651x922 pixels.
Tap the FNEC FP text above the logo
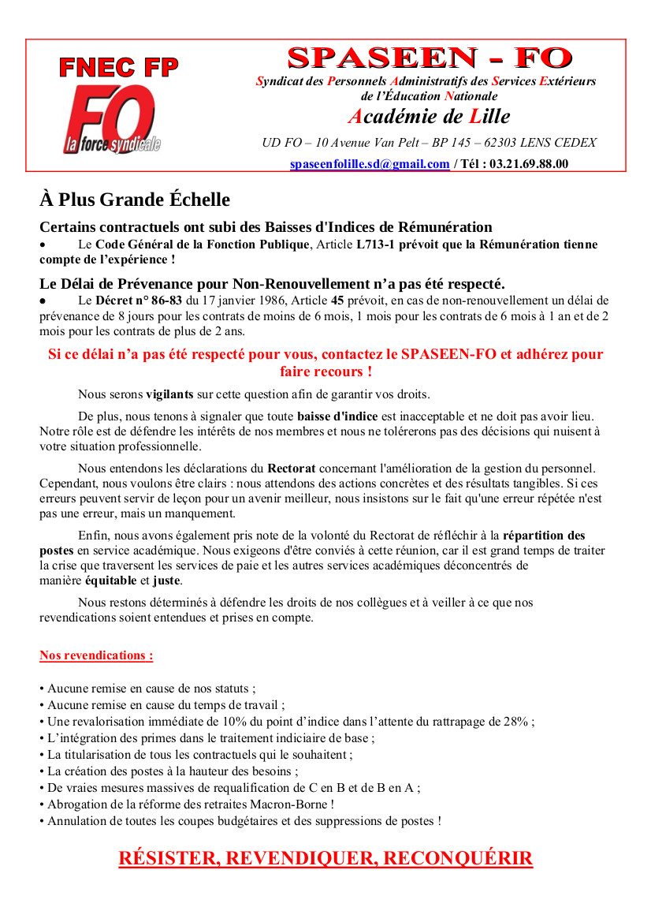119,67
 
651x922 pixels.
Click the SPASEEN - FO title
430,58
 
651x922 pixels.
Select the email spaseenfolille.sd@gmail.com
370,164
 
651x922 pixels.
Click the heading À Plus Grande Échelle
135,199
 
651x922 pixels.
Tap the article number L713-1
376,244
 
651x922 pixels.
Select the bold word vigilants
171,394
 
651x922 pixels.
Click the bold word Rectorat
292,468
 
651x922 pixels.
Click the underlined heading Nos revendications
96,655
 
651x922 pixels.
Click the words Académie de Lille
429,117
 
